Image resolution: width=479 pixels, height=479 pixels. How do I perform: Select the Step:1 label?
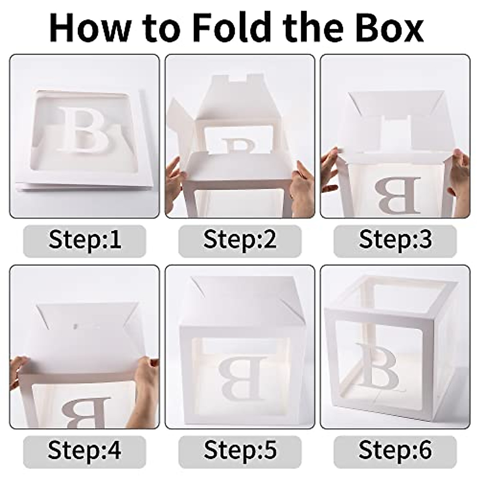tap(85, 239)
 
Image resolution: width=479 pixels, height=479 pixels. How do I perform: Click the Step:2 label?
tap(239, 239)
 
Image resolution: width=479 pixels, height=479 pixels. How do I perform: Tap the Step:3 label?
tap(395, 239)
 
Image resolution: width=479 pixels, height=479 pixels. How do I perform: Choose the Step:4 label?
tap(85, 450)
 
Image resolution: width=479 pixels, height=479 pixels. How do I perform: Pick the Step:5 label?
tap(239, 450)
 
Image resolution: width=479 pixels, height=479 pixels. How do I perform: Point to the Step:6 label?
tap(395, 450)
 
